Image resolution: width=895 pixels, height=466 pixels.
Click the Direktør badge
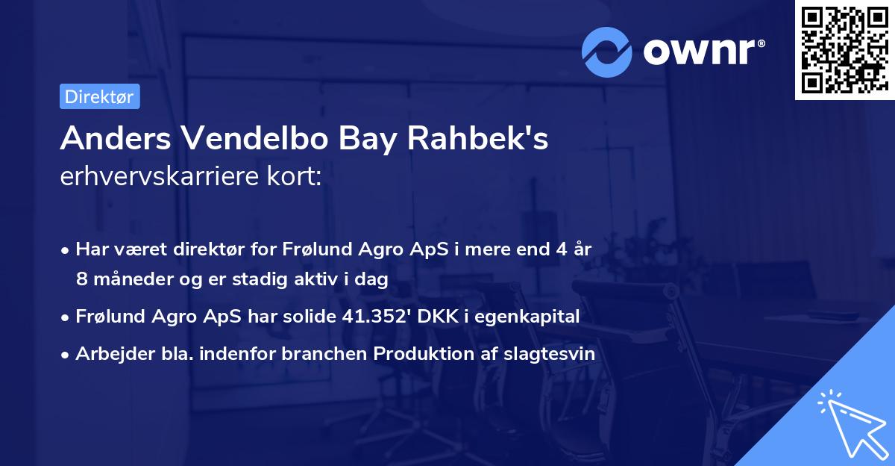[99, 96]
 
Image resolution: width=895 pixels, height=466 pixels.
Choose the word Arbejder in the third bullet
[110, 354]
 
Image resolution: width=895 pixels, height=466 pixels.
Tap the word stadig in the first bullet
[267, 279]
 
